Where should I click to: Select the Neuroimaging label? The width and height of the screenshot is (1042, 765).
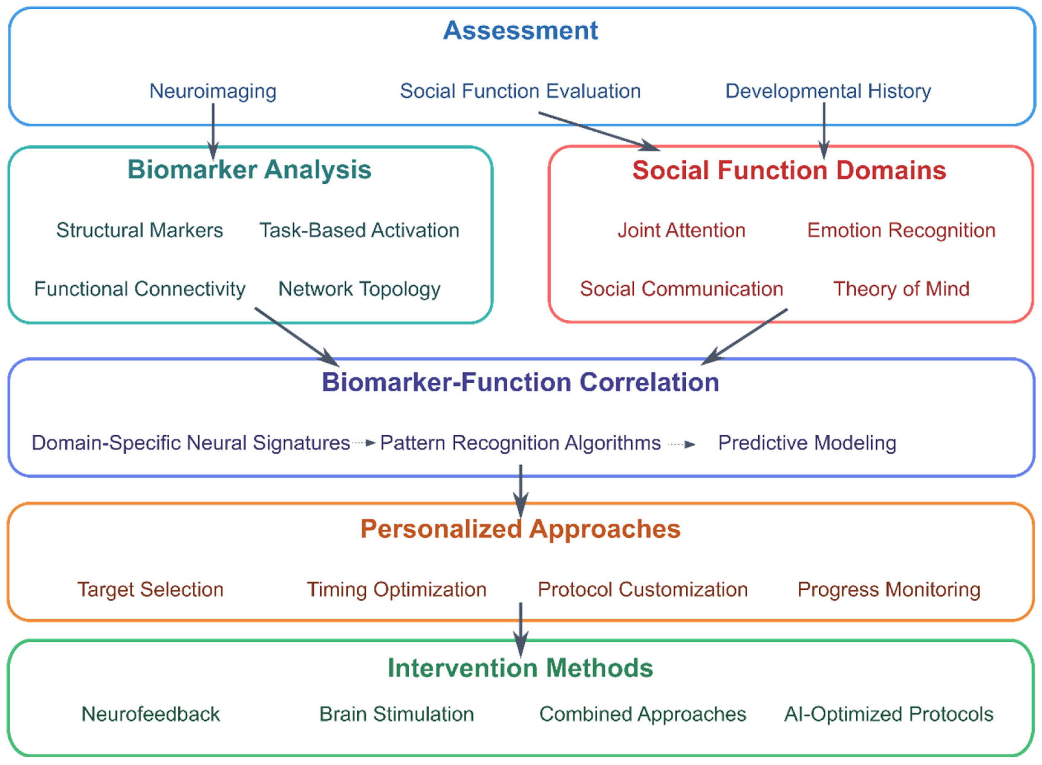pyautogui.click(x=213, y=91)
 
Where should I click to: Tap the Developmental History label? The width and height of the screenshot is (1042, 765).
pyautogui.click(x=828, y=91)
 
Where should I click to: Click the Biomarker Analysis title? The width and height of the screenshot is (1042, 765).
pyautogui.click(x=249, y=170)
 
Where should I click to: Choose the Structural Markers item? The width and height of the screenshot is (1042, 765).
pyautogui.click(x=139, y=230)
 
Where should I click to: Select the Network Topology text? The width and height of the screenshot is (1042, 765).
pyautogui.click(x=359, y=289)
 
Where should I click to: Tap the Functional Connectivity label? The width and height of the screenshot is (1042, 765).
pyautogui.click(x=139, y=289)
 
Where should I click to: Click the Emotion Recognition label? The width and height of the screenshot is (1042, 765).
pyautogui.click(x=901, y=230)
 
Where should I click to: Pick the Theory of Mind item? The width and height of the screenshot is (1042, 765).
pyautogui.click(x=901, y=289)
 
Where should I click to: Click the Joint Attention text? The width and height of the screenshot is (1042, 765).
pyautogui.click(x=681, y=230)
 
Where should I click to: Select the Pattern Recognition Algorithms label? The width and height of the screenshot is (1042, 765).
pyautogui.click(x=520, y=443)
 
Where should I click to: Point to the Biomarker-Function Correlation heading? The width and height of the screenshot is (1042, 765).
pyautogui.click(x=520, y=383)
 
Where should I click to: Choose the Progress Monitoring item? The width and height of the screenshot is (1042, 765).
pyautogui.click(x=888, y=589)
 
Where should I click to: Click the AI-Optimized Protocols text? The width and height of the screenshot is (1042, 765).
pyautogui.click(x=888, y=714)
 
